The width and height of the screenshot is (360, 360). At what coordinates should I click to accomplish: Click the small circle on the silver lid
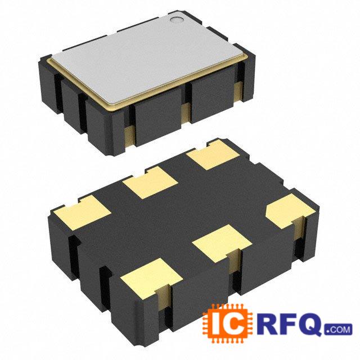[x=177, y=20]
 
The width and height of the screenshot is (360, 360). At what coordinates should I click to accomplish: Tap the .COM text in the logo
[x=339, y=330]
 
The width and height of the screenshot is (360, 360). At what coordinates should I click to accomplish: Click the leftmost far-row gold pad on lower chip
[x=83, y=212]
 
